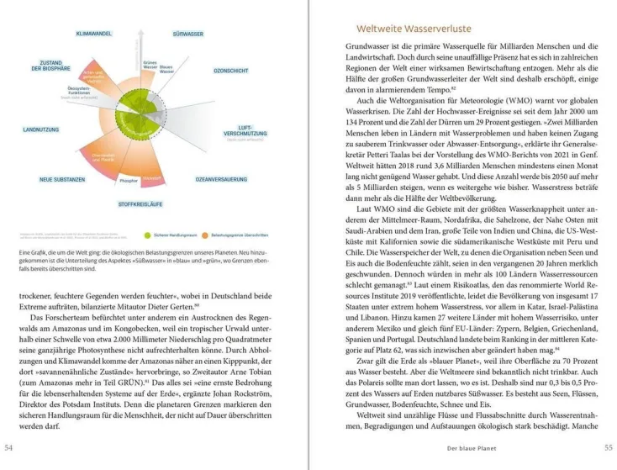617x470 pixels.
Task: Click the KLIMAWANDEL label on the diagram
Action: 95,33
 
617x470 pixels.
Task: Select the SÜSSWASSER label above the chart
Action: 187,33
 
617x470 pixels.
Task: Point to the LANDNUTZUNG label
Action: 40,129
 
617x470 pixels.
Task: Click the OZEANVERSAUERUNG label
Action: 221,179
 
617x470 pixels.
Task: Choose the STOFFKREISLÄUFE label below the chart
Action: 140,203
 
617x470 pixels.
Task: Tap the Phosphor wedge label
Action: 129,180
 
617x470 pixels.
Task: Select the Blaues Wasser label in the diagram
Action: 166,69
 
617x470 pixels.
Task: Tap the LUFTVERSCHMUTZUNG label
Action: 245,131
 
